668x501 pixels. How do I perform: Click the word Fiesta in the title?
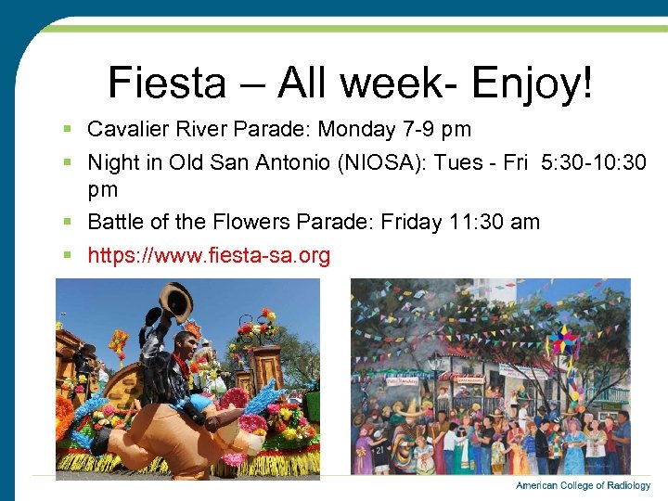click(x=166, y=83)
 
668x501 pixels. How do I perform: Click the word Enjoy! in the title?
click(x=531, y=83)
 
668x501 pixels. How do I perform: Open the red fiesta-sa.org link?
click(x=209, y=255)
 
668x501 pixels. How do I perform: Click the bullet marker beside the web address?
click(x=72, y=255)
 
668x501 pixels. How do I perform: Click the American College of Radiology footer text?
click(x=583, y=486)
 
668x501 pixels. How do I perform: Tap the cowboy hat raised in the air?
click(x=174, y=302)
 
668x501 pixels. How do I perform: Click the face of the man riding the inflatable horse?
click(x=180, y=349)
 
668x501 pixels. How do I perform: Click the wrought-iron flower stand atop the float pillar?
click(x=257, y=330)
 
